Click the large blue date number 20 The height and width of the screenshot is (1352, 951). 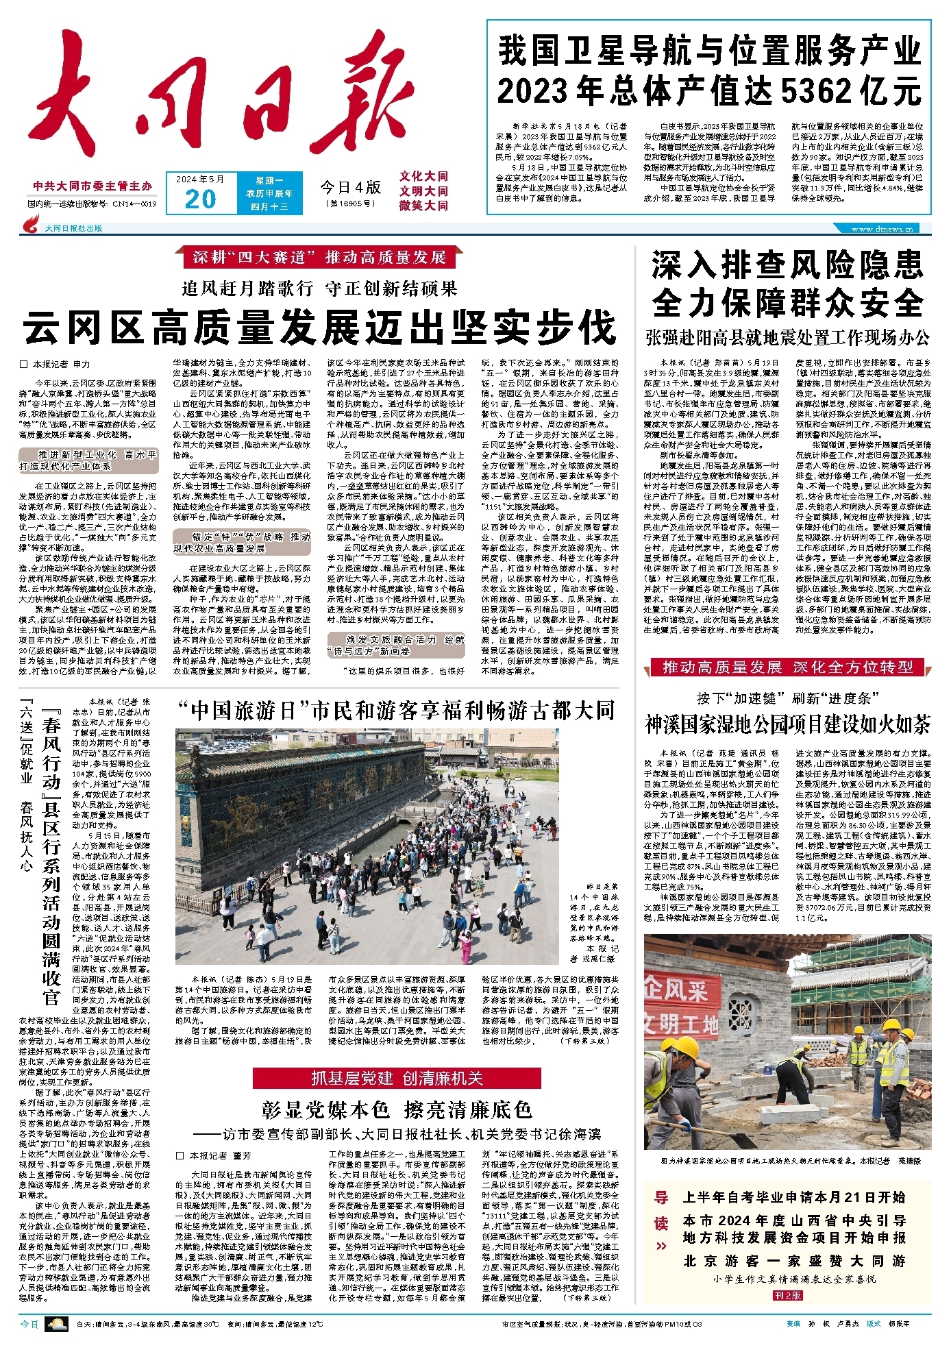200,199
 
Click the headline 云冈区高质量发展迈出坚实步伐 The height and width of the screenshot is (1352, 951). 320,328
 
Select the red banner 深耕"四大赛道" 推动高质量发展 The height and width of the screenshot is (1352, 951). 319,258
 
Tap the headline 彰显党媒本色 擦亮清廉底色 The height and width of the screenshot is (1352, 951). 397,1109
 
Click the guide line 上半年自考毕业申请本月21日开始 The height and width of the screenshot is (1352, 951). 794,1197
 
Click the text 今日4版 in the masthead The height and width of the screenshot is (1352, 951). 350,187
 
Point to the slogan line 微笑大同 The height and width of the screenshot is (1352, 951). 423,206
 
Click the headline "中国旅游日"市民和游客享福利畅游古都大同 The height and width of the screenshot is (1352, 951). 395,711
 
